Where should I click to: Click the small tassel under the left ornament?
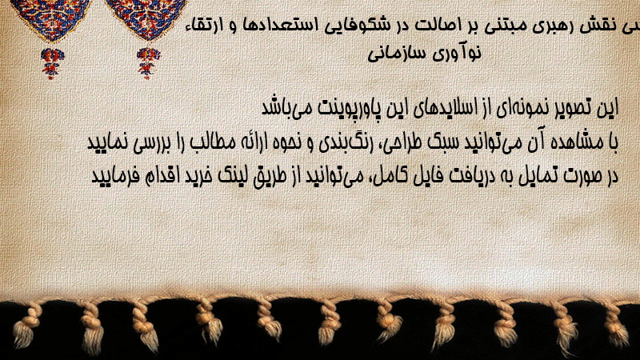click(x=52, y=63)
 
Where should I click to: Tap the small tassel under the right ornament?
click(x=148, y=62)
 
